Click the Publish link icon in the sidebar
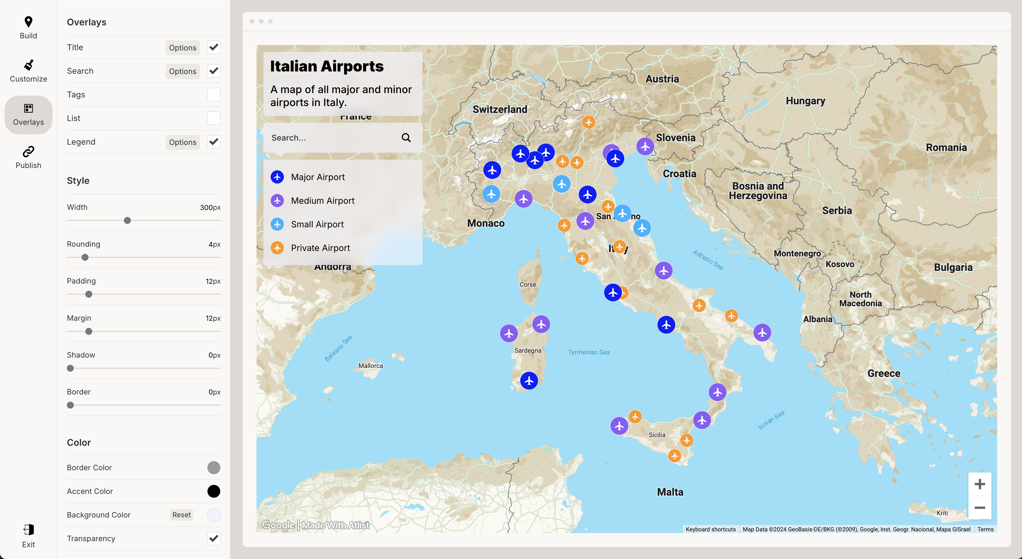point(28,152)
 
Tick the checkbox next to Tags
point(214,95)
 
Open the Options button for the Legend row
point(182,142)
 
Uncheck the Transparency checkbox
point(214,538)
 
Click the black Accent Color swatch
point(214,491)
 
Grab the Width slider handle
point(127,221)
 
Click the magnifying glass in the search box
point(406,138)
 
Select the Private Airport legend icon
point(277,248)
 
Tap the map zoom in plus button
point(980,484)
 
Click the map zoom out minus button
point(980,507)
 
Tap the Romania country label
point(946,148)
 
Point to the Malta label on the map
point(670,492)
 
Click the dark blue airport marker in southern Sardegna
point(529,380)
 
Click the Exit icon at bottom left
point(28,530)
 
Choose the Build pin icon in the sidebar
point(28,22)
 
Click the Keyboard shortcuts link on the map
point(710,529)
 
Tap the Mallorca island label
point(371,366)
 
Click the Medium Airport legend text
point(323,201)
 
